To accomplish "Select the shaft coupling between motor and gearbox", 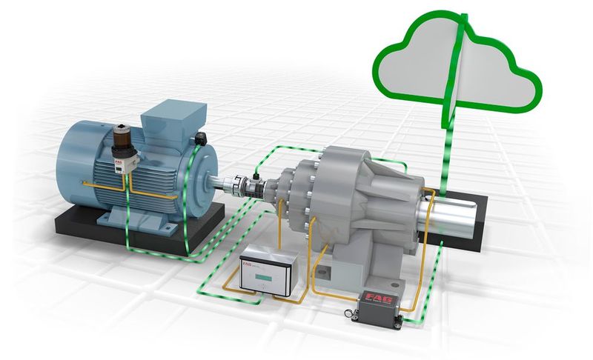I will pyautogui.click(x=245, y=183).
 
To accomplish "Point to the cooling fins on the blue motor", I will pyautogui.click(x=159, y=178).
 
